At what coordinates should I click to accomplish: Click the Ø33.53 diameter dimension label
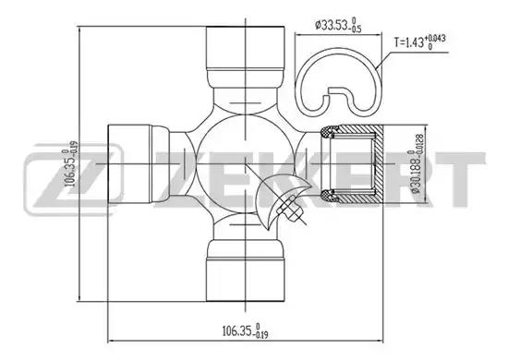pos(338,25)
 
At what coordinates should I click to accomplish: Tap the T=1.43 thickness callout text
pos(419,42)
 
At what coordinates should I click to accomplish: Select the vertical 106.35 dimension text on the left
pos(71,163)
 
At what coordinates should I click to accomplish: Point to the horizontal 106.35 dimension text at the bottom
pos(245,330)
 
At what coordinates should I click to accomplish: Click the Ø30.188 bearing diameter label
pos(417,163)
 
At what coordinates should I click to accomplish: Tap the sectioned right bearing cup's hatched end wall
pos(378,163)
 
